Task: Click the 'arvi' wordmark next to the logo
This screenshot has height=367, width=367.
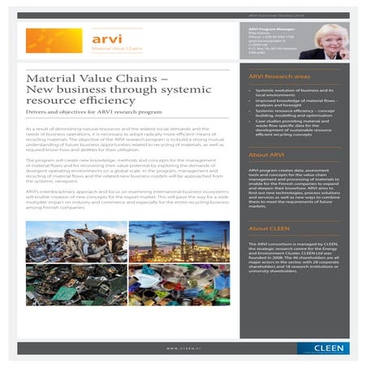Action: click(103, 38)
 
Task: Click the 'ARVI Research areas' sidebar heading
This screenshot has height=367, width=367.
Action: click(278, 75)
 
